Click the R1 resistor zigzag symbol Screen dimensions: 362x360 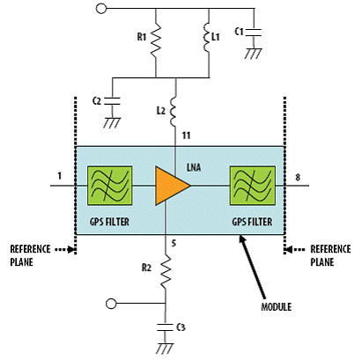(x=156, y=39)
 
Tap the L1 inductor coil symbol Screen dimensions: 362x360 (x=207, y=38)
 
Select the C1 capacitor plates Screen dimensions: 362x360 (x=253, y=33)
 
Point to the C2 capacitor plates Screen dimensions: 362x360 (x=112, y=100)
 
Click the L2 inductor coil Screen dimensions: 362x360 (x=173, y=112)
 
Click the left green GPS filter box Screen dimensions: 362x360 (x=109, y=186)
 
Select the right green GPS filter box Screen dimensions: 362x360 (x=253, y=186)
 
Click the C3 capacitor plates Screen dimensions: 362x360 (x=165, y=327)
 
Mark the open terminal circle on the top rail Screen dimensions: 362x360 (x=101, y=8)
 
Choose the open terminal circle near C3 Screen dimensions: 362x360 (x=111, y=304)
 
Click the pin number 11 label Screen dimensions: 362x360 (x=186, y=136)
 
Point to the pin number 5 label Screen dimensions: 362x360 (x=174, y=243)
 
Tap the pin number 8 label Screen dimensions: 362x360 (x=298, y=178)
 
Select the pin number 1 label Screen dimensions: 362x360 (x=60, y=176)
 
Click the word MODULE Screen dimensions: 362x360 (x=277, y=307)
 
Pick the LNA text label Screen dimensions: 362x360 (x=194, y=167)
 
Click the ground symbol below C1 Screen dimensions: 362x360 (x=253, y=54)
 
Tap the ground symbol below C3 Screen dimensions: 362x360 (x=165, y=349)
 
